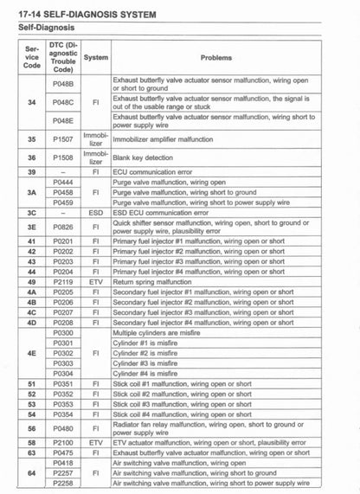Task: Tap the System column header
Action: point(95,58)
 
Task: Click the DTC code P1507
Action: point(62,138)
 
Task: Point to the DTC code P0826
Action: point(62,227)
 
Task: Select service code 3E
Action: point(31,227)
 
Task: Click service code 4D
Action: point(31,322)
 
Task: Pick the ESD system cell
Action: point(95,211)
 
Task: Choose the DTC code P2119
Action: point(62,282)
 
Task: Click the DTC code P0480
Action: point(62,427)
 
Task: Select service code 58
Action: point(31,442)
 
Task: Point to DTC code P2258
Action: point(62,483)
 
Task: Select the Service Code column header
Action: point(31,58)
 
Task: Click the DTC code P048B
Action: point(62,83)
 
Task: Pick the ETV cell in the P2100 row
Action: point(95,442)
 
